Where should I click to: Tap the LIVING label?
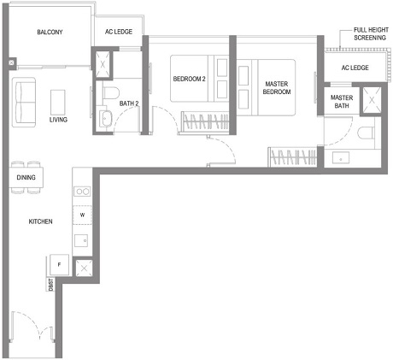tap(58, 120)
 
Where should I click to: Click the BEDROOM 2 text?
tap(189, 79)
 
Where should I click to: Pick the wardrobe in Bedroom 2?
tap(205, 121)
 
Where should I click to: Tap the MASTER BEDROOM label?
tap(273, 86)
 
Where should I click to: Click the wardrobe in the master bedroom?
tap(290, 156)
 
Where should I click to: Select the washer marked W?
tap(83, 215)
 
